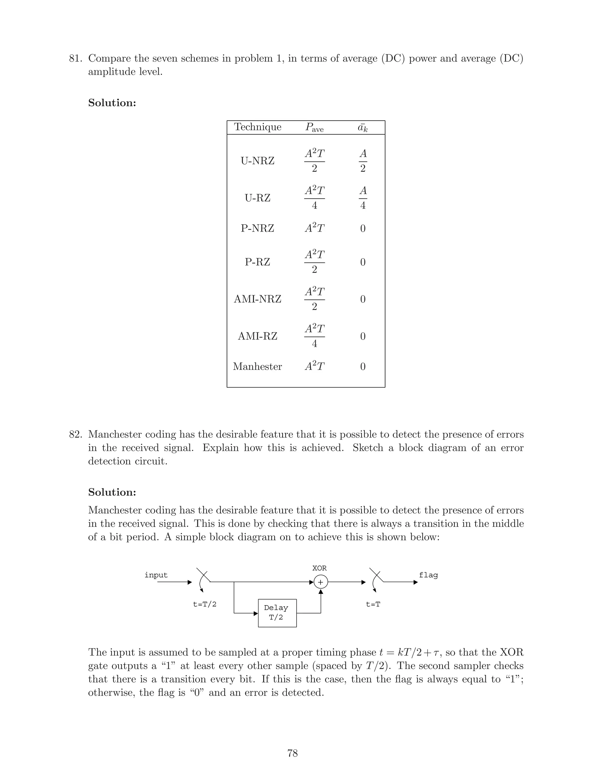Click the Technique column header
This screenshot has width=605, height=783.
pyautogui.click(x=258, y=127)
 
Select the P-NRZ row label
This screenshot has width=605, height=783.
pyautogui.click(x=257, y=228)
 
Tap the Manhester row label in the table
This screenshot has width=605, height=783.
pyautogui.click(x=257, y=366)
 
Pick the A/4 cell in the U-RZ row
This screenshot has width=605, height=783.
pyautogui.click(x=363, y=198)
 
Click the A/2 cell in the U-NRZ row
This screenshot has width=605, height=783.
pyautogui.click(x=363, y=161)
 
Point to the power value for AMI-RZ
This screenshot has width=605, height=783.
pyautogui.click(x=314, y=336)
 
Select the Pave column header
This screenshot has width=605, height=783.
pyautogui.click(x=314, y=127)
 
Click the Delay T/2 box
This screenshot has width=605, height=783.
pyautogui.click(x=277, y=613)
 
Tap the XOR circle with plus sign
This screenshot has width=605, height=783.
pyautogui.click(x=321, y=582)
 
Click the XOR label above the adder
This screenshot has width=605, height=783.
pyautogui.click(x=319, y=568)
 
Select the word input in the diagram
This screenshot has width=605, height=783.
pyautogui.click(x=156, y=575)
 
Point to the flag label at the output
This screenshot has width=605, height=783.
pyautogui.click(x=428, y=575)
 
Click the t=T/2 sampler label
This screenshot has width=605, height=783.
pyautogui.click(x=205, y=605)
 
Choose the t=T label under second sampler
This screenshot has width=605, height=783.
pyautogui.click(x=373, y=605)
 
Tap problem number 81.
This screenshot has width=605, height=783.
pyautogui.click(x=75, y=59)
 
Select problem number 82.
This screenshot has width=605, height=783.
pyautogui.click(x=75, y=435)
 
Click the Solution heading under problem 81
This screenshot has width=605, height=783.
pyautogui.click(x=112, y=103)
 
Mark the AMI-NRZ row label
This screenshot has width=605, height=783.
pyautogui.click(x=257, y=299)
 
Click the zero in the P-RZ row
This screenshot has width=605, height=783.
pyautogui.click(x=363, y=262)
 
